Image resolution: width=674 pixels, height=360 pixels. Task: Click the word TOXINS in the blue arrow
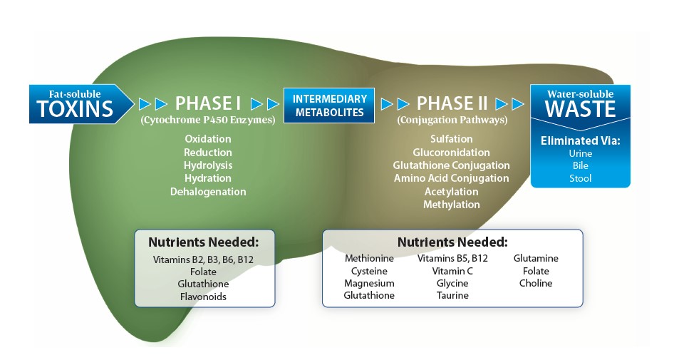click(x=76, y=108)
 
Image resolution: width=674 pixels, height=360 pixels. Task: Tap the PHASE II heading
click(x=452, y=103)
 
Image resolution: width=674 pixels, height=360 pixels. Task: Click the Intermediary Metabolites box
click(x=330, y=106)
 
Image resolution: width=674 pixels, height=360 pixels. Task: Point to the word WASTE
click(x=580, y=110)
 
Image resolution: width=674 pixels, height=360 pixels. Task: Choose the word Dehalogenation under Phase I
click(x=208, y=192)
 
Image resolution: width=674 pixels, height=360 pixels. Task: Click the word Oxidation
click(x=208, y=139)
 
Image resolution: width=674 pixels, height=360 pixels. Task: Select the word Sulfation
click(x=452, y=139)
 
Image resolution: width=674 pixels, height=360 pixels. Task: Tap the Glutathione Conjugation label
click(x=452, y=165)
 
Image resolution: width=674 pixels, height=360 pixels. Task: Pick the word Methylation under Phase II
click(x=452, y=205)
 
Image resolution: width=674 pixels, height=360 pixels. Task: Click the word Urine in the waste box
click(x=580, y=153)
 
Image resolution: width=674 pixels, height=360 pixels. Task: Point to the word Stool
click(x=580, y=178)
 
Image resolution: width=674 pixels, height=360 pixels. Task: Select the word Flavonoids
click(x=204, y=297)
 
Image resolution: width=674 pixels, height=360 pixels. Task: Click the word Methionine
click(x=369, y=258)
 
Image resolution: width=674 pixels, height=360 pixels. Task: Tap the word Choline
click(x=536, y=283)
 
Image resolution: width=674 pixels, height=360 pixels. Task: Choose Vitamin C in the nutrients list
click(x=452, y=271)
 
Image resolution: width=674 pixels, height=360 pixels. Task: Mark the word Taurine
click(x=452, y=295)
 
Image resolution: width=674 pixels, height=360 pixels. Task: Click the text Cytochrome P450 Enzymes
click(x=208, y=120)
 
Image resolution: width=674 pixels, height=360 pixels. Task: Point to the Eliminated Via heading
click(x=580, y=140)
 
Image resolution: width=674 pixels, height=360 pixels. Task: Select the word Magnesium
click(x=369, y=283)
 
